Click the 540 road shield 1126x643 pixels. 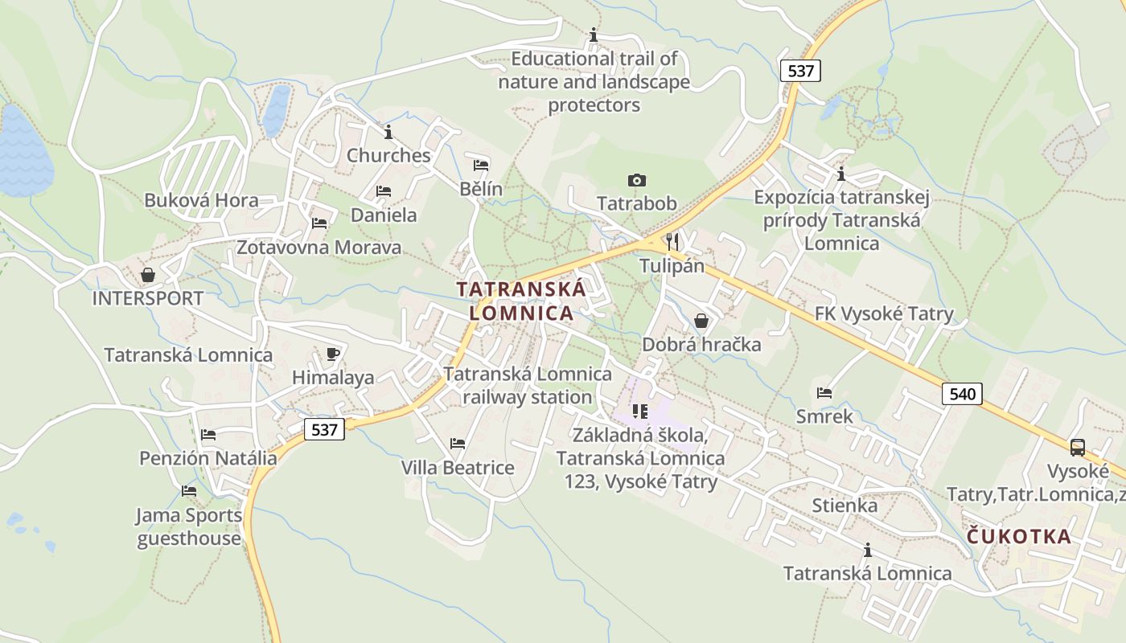(x=962, y=393)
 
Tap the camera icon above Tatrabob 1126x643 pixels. (x=636, y=180)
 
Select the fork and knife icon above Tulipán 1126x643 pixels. (x=672, y=241)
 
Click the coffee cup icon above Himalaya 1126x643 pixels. (x=333, y=354)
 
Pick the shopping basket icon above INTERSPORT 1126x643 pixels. (x=148, y=275)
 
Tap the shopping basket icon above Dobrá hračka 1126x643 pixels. (x=701, y=321)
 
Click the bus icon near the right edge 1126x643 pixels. (x=1077, y=448)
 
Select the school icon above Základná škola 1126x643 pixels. (x=640, y=412)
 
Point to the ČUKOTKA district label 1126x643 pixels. (x=1019, y=536)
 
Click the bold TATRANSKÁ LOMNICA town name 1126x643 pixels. (x=522, y=301)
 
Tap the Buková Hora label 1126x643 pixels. (x=201, y=200)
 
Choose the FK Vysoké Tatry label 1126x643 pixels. (x=884, y=314)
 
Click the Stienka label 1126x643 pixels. (x=844, y=506)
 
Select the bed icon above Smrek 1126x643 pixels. (x=824, y=393)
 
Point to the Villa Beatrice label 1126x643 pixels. (x=458, y=467)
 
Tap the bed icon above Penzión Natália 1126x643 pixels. (x=208, y=435)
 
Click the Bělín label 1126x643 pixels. (x=481, y=189)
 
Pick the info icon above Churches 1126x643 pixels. (x=388, y=132)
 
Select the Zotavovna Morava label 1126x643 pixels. (x=318, y=247)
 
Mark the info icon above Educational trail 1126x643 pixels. (x=594, y=35)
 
